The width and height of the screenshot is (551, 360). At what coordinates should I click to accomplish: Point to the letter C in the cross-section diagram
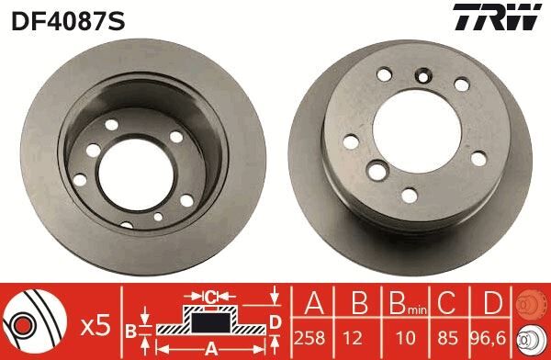209,297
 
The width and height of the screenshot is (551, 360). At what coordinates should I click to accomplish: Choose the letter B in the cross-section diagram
131,328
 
